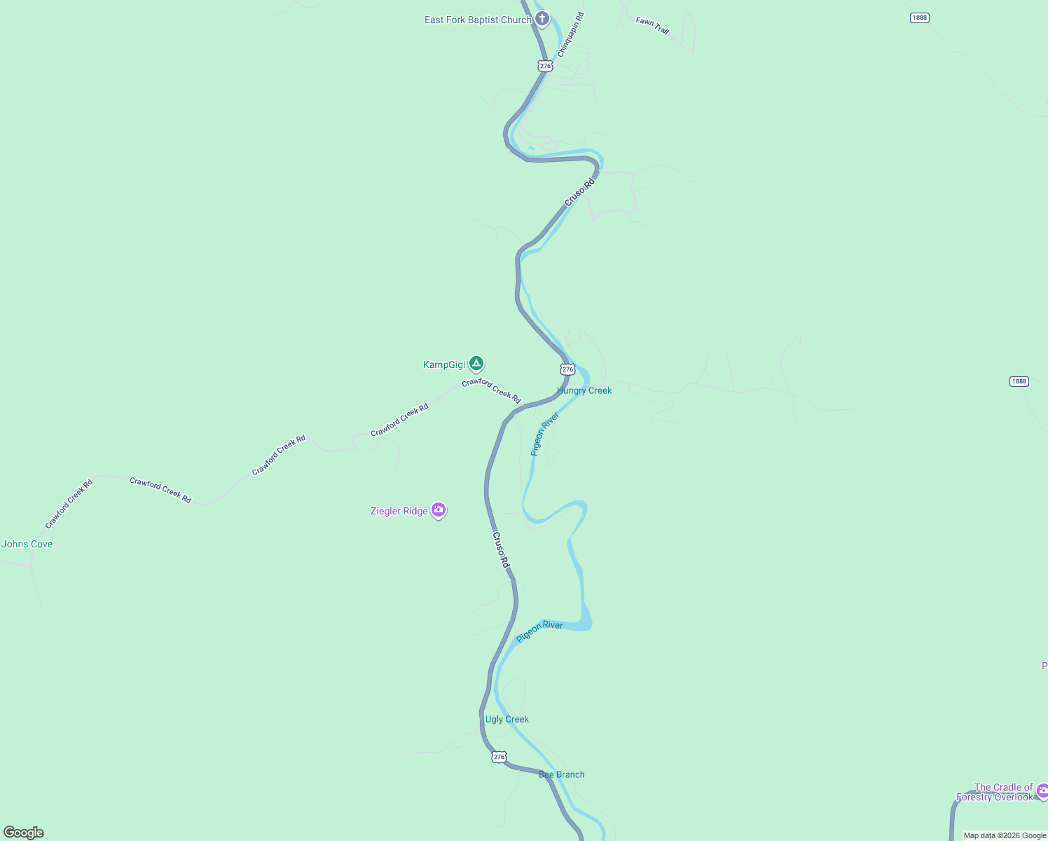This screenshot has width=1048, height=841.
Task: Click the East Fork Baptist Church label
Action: (478, 20)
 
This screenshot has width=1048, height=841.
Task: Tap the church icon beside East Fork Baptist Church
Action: (542, 18)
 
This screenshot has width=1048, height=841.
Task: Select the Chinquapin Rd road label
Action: (570, 35)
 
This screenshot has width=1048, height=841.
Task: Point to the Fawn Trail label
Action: (652, 26)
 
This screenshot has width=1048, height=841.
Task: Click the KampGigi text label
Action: (444, 364)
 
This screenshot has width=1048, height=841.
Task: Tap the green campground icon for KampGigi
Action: (476, 363)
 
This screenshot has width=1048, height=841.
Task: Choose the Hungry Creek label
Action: (584, 390)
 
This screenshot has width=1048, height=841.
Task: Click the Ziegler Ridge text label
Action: (399, 511)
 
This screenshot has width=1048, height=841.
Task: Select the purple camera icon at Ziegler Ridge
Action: (439, 510)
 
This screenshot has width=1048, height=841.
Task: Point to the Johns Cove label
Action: (27, 544)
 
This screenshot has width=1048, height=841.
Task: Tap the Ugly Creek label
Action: (507, 719)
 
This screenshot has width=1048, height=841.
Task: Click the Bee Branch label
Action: (562, 774)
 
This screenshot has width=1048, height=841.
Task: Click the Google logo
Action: (24, 833)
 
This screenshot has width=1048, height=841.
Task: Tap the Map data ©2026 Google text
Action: (1005, 835)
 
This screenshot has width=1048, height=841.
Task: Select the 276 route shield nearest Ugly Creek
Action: (499, 757)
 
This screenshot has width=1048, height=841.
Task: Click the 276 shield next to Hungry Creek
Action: (567, 369)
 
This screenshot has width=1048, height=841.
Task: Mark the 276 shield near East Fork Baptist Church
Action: (545, 66)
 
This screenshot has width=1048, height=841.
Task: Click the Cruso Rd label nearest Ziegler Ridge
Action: (501, 550)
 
